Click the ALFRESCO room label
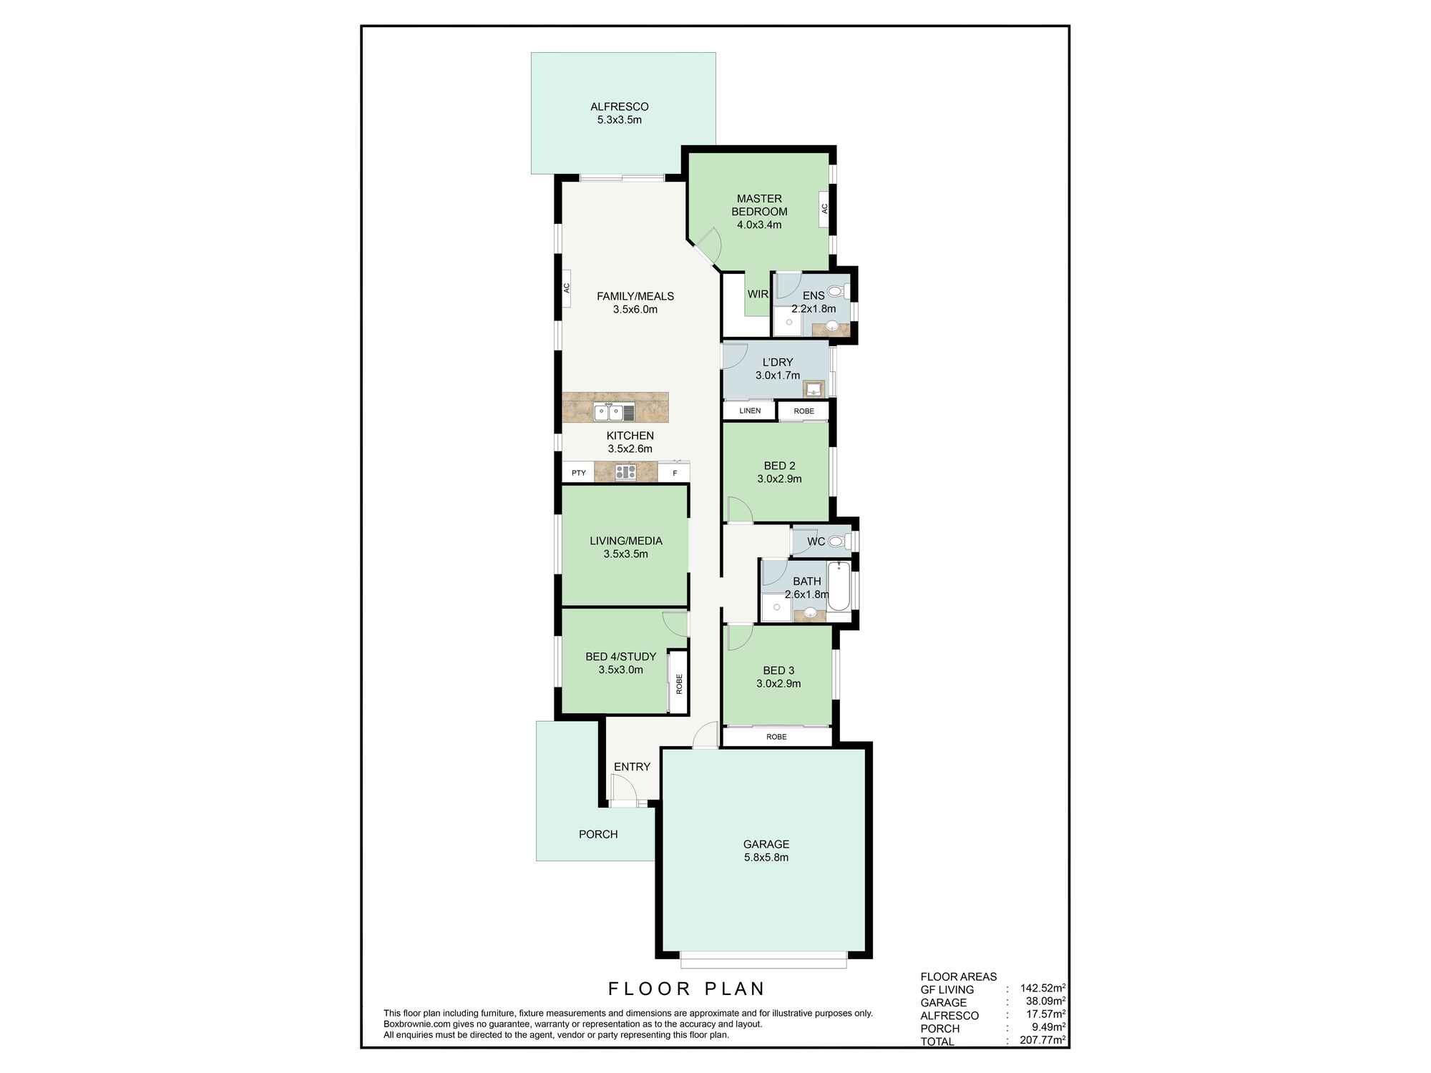619,107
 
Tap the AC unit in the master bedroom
824,209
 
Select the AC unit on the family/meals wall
566,288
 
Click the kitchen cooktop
625,472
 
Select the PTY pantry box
579,473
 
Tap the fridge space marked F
674,473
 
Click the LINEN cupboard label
749,411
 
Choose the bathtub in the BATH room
839,587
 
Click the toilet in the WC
836,542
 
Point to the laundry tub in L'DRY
814,390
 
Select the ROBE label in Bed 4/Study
678,683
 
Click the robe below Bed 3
776,737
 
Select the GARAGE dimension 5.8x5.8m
766,858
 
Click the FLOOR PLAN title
686,989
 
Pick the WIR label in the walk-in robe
758,294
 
